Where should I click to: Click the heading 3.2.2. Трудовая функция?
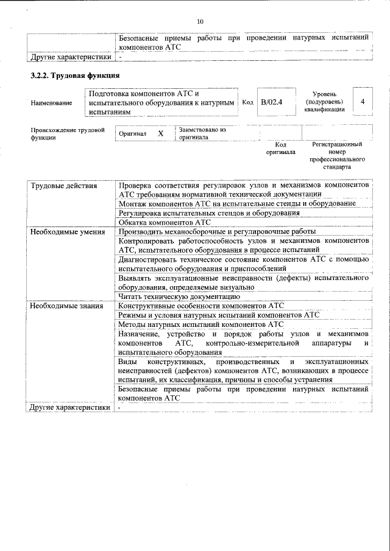(x=74, y=76)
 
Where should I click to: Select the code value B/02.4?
(x=271, y=102)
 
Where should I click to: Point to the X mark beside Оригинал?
(x=160, y=133)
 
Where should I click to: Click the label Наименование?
(x=51, y=103)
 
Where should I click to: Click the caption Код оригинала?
(x=280, y=149)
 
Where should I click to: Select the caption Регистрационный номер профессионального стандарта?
(x=337, y=155)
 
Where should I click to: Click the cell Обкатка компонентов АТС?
(x=164, y=222)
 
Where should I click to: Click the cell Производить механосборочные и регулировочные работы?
(x=217, y=232)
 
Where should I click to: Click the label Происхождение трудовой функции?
(x=67, y=134)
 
